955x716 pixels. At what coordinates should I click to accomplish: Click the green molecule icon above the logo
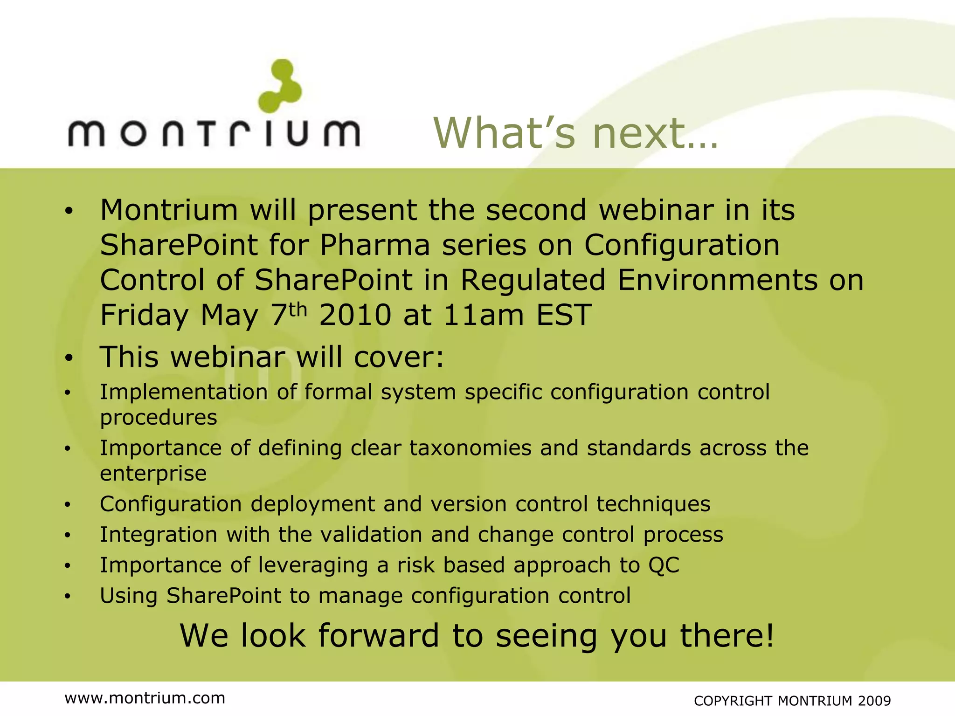pos(280,86)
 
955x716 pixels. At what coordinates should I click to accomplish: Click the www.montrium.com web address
pos(145,698)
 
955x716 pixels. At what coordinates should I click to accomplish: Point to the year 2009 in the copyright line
pos(874,701)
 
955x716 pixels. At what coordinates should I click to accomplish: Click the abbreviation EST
pos(564,315)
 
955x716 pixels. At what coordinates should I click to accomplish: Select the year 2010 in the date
pos(355,315)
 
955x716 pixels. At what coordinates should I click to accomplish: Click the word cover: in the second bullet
pos(399,358)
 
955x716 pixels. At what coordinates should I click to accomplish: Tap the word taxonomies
pos(470,448)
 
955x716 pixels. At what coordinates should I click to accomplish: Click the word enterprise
pos(153,474)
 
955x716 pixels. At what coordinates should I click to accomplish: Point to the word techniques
pos(653,504)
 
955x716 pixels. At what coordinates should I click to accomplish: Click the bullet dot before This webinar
pos(69,358)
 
